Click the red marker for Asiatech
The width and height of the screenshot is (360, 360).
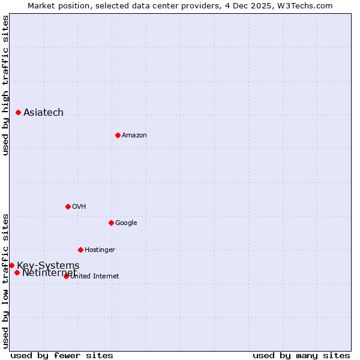click(19, 112)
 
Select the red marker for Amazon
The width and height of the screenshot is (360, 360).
click(118, 135)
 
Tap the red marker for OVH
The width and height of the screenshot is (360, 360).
click(68, 206)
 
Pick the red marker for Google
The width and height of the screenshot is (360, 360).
click(111, 223)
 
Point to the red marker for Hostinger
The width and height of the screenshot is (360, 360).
click(80, 250)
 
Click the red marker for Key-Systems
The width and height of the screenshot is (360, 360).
click(11, 265)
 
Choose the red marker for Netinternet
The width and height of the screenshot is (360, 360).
click(17, 273)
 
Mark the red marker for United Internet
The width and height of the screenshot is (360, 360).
click(66, 276)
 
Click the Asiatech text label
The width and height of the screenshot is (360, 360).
click(43, 113)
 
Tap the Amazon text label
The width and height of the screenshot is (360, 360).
click(134, 136)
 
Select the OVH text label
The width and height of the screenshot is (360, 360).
click(79, 207)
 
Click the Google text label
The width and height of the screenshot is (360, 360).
click(126, 223)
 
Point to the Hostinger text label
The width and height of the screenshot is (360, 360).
click(100, 250)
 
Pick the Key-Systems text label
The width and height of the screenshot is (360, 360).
click(48, 266)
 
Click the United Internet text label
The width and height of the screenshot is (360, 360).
click(95, 277)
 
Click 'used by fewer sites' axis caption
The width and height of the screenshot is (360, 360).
click(62, 355)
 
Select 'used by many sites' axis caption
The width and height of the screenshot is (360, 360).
click(301, 355)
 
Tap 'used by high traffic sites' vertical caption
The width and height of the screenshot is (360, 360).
click(5, 86)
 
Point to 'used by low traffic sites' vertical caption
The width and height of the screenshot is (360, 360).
click(5, 280)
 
